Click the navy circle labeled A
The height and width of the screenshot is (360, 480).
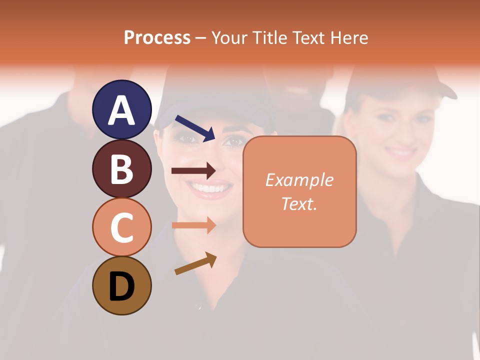tap(122, 109)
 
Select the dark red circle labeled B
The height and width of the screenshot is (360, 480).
tap(122, 168)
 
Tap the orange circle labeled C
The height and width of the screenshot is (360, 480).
tap(122, 227)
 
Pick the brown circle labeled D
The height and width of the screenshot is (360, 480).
tap(122, 285)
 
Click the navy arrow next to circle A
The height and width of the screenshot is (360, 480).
tap(195, 128)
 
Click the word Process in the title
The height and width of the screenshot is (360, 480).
tap(157, 38)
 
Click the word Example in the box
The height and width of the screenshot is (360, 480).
tap(299, 180)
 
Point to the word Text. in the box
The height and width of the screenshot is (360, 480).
tap(299, 203)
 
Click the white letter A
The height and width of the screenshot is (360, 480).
tap(122, 110)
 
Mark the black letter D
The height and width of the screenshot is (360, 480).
tap(122, 286)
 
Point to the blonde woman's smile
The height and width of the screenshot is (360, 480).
tap(401, 150)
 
